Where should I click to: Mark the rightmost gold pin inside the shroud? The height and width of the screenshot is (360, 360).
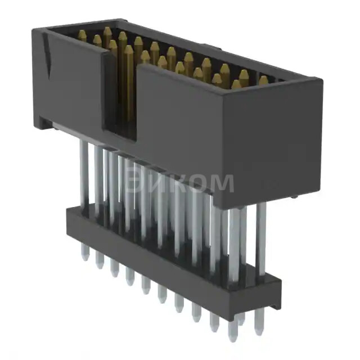[x=263, y=80]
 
